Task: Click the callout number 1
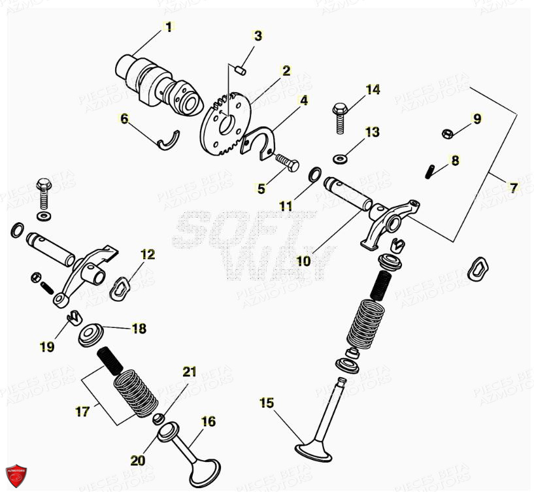click(x=168, y=27)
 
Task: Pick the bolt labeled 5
click(x=285, y=159)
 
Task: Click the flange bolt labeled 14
click(x=340, y=117)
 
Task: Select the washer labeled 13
click(x=340, y=157)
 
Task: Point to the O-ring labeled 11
click(x=314, y=174)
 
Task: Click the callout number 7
click(x=513, y=188)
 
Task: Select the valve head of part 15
click(x=314, y=450)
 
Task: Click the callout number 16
click(x=208, y=422)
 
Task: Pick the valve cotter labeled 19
click(x=73, y=318)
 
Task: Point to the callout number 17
click(x=82, y=412)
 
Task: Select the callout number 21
click(x=189, y=372)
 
